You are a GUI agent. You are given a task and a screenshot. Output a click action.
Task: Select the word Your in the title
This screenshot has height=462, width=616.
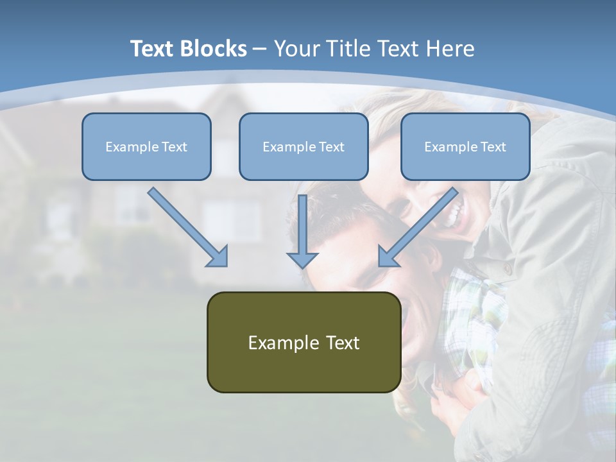coord(296,49)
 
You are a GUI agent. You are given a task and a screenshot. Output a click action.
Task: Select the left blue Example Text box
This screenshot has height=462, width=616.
coord(146,147)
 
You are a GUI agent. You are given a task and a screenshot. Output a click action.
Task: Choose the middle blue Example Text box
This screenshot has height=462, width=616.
coord(304,147)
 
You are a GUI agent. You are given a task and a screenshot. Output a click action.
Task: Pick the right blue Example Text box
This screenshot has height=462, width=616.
coord(465,147)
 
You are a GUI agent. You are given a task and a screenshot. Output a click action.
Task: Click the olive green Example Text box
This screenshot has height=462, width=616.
coord(304,342)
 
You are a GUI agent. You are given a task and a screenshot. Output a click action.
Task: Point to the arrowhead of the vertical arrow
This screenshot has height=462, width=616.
coord(302,259)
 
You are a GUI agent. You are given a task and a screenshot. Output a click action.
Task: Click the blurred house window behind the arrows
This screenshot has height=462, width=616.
coord(231,218)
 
